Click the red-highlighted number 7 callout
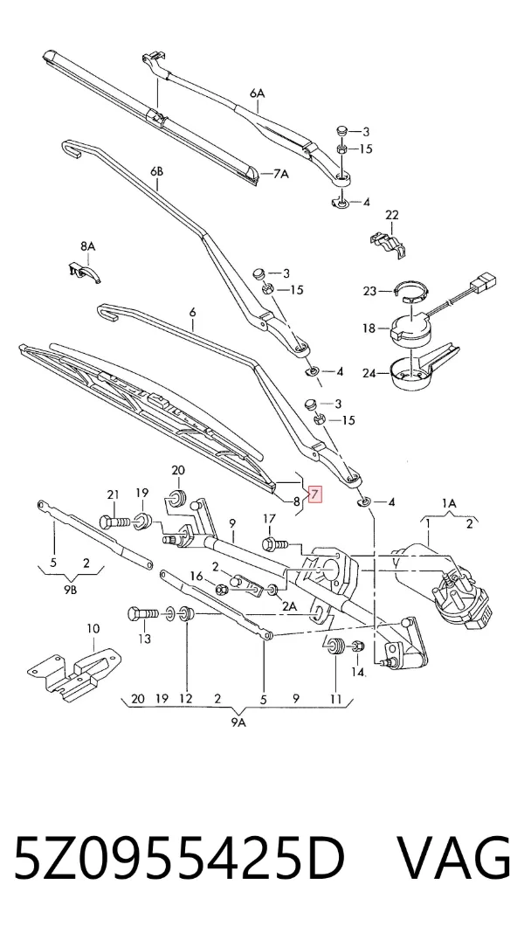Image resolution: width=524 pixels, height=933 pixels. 314,494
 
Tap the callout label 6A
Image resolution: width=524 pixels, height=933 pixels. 257,93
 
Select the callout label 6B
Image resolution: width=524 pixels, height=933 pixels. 156,172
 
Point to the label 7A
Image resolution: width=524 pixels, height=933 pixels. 280,175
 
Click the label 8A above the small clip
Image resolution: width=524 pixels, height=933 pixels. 87,245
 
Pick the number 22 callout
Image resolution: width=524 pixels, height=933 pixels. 391,215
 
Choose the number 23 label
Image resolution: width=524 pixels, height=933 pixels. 370,291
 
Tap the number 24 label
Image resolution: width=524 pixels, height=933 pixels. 370,374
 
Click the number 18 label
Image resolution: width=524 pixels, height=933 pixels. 370,328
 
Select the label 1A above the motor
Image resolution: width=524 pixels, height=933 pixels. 450,503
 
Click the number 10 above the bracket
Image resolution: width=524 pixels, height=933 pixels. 93,628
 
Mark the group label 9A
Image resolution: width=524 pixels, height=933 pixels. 239,722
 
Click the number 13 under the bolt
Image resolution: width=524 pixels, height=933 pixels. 145,639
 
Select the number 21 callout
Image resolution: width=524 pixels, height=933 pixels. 113,494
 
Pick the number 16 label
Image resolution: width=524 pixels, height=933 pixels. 196,576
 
